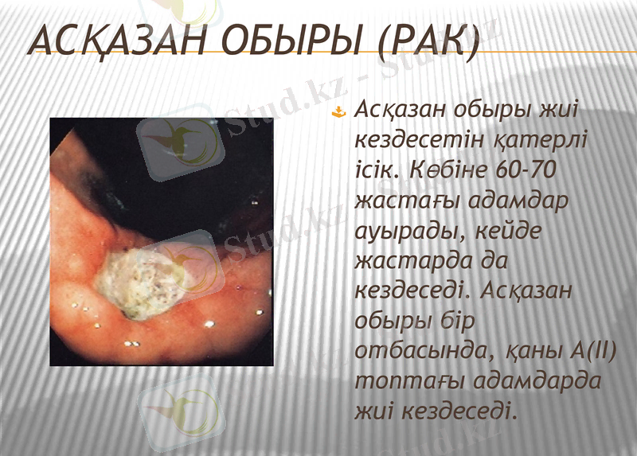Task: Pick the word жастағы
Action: coord(411,200)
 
